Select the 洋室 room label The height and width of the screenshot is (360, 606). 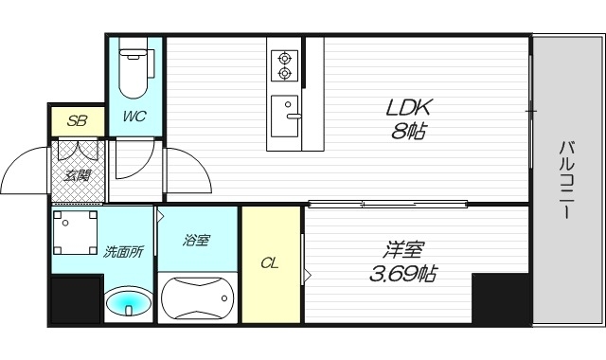click(x=404, y=251)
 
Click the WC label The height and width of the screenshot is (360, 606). click(x=134, y=118)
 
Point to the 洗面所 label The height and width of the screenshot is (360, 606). click(x=123, y=253)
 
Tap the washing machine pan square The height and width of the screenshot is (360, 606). click(x=76, y=232)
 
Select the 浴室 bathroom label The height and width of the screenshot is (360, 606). click(x=197, y=241)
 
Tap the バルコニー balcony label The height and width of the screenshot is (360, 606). click(x=566, y=179)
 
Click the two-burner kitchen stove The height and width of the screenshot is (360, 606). click(x=284, y=64)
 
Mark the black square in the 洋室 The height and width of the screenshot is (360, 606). click(x=500, y=299)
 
